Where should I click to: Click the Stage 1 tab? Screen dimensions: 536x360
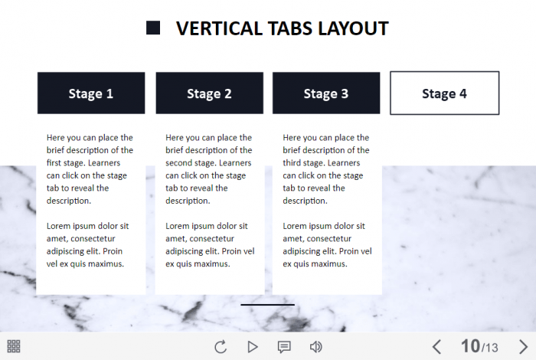[x=91, y=93]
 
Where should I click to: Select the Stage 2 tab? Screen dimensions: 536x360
[x=210, y=93]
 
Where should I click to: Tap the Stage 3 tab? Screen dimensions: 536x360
[x=326, y=93]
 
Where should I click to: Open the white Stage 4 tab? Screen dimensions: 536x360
[x=444, y=93]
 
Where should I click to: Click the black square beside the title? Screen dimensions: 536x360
[x=153, y=28]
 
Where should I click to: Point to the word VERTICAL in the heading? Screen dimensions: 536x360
[x=219, y=28]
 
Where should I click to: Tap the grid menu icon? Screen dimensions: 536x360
[x=14, y=346]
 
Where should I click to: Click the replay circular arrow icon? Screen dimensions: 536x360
[x=221, y=347]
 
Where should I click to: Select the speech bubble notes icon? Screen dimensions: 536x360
[x=284, y=347]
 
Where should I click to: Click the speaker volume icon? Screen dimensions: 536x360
[x=315, y=347]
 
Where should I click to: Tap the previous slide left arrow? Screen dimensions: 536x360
[x=436, y=347]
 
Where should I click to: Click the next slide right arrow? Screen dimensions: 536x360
[x=523, y=347]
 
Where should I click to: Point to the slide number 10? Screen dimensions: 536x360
[x=470, y=346]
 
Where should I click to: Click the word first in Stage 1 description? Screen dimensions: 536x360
[x=54, y=162]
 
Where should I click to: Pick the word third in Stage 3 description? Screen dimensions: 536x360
[x=292, y=162]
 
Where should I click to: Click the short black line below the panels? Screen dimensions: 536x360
[x=268, y=305]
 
